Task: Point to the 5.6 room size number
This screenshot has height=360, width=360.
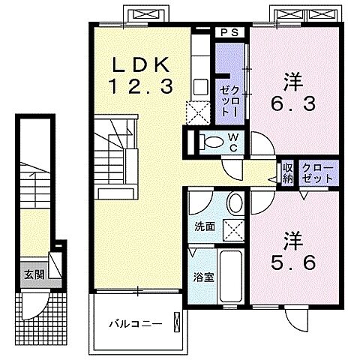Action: [x=288, y=263]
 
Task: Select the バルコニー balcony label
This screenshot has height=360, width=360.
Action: [x=135, y=324]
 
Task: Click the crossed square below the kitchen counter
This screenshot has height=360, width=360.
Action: [x=199, y=112]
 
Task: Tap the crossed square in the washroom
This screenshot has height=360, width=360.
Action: [x=234, y=230]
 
